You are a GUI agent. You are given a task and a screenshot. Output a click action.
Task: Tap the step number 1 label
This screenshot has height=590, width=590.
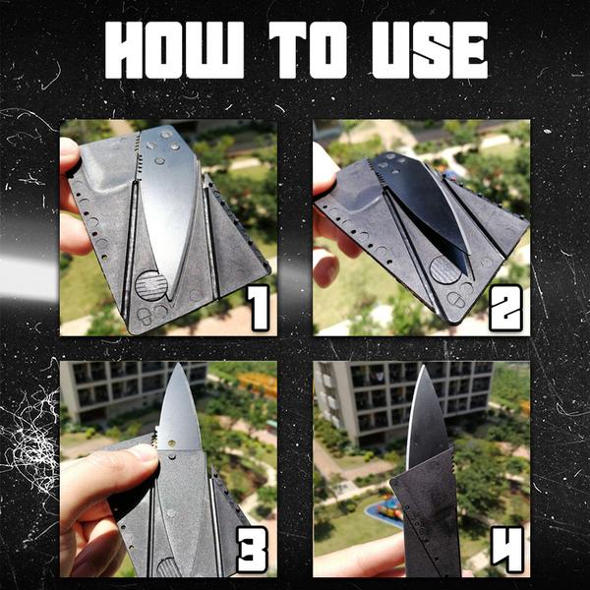(257, 307)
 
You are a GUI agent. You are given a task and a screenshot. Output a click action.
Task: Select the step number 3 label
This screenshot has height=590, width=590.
(253, 551)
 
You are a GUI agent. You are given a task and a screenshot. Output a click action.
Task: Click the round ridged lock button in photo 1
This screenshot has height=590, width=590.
(150, 286)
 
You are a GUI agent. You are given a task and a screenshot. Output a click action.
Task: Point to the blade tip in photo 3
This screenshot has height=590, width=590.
(174, 368)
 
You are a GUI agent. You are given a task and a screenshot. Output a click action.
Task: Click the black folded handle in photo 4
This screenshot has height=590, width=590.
(428, 521)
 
